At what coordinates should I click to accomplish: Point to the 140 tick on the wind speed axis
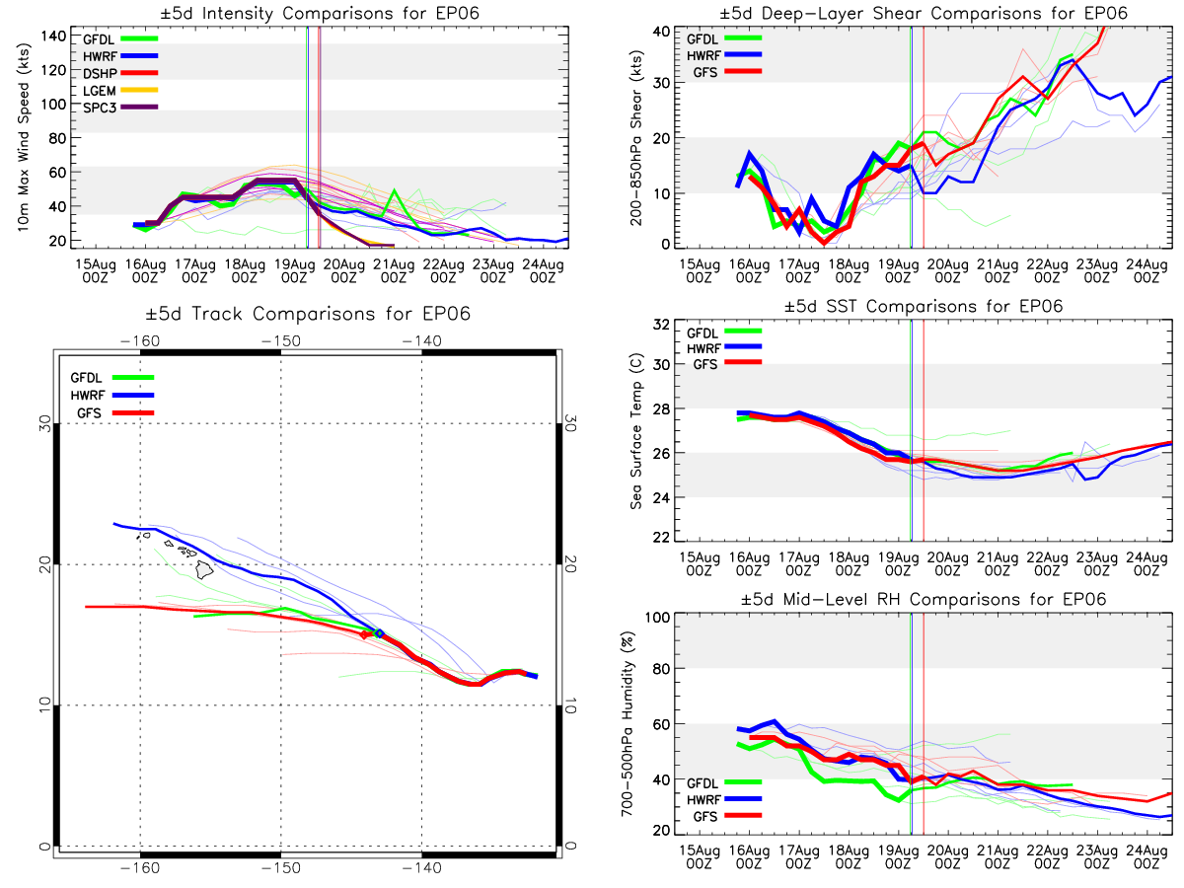point(53,36)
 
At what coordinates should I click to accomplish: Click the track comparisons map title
point(305,315)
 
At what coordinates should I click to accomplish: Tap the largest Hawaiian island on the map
point(205,569)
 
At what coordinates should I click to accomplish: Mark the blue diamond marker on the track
point(379,633)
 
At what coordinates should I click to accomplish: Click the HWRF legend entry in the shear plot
point(706,54)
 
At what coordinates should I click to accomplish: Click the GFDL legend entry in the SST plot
point(706,333)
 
